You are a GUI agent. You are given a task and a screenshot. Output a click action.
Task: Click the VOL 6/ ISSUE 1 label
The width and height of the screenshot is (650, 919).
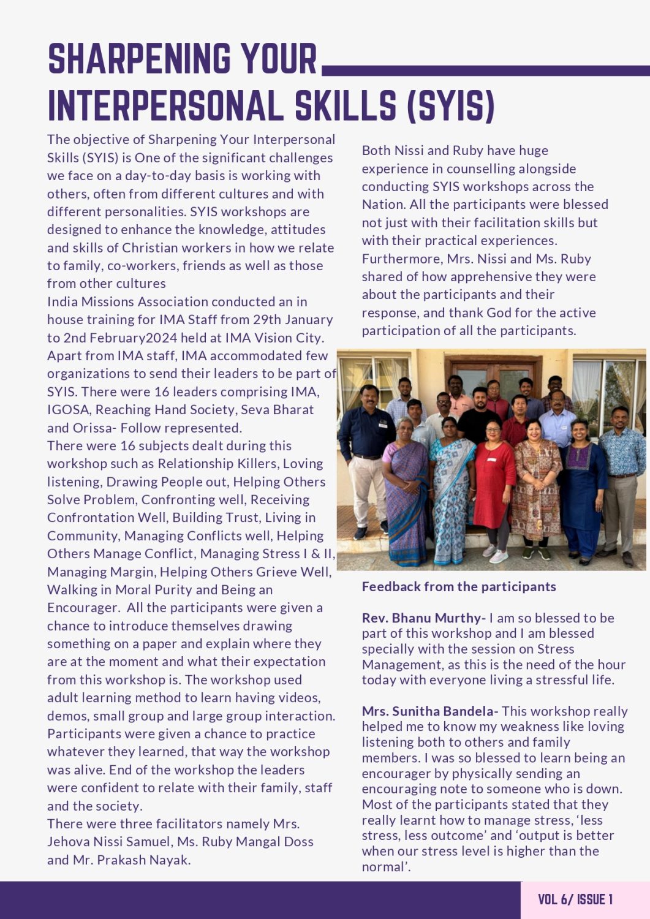575,899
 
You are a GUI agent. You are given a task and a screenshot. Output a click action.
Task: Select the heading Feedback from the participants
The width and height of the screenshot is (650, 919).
459,586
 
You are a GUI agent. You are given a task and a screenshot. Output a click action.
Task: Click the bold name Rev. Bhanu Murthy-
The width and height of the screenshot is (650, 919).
423,618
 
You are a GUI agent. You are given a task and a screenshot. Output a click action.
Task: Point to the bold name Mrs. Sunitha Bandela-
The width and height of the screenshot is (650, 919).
430,711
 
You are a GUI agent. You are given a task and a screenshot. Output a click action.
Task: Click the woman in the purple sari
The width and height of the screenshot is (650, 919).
406,484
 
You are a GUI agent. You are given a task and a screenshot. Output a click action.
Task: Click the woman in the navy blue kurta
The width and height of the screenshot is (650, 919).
581,484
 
